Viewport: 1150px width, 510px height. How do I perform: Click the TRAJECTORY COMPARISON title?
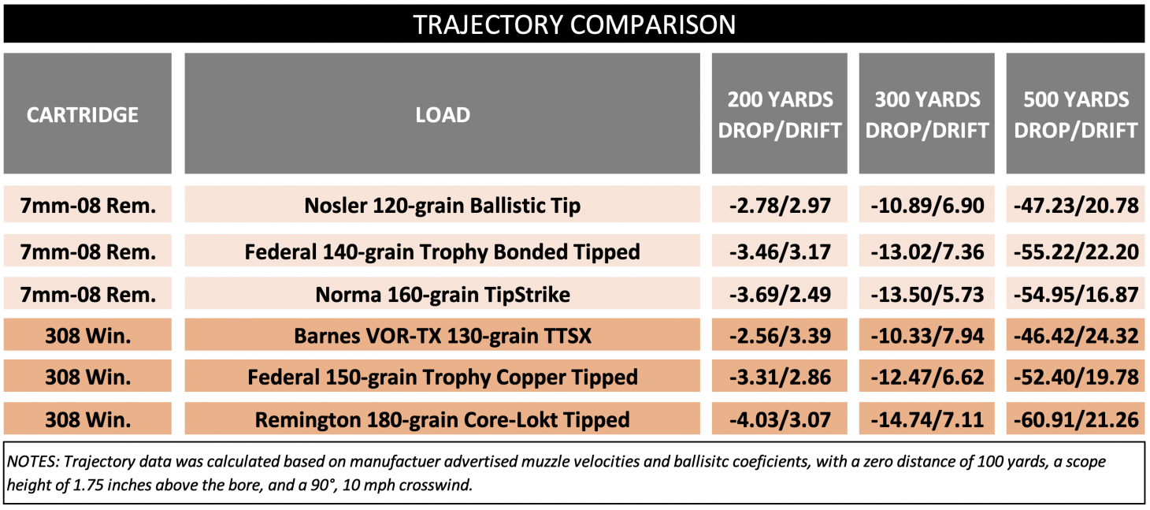[574, 24]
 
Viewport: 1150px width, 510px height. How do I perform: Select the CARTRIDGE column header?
[83, 115]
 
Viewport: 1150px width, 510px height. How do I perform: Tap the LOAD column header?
[443, 115]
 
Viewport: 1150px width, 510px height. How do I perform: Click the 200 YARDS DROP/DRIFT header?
[780, 115]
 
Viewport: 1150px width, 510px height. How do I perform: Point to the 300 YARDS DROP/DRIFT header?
[927, 115]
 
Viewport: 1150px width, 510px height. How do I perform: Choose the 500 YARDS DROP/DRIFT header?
[1075, 115]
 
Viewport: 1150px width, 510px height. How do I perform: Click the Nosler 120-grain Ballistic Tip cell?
[443, 207]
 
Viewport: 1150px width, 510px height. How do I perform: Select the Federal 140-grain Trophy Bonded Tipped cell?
[443, 252]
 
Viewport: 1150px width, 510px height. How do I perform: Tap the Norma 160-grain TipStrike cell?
[443, 295]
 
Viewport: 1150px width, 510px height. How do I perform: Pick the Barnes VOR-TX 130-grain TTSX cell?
[443, 337]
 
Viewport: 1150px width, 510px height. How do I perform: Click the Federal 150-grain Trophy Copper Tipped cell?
[443, 378]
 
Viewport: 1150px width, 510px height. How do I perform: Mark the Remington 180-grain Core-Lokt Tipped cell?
[443, 419]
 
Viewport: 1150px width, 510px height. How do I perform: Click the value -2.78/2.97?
[780, 207]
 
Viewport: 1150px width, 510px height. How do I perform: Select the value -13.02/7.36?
[927, 252]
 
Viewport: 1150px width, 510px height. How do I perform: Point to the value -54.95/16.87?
[1075, 295]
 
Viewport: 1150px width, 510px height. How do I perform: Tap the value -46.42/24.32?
[1075, 337]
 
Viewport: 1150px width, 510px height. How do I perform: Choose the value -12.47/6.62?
[927, 378]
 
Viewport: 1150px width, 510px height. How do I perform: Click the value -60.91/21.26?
[1075, 419]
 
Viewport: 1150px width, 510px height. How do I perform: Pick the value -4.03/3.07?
[780, 419]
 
